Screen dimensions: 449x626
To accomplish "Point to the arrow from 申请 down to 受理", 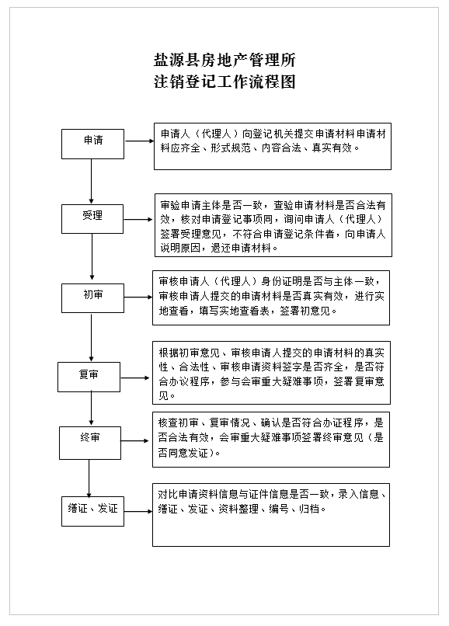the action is point(91,182).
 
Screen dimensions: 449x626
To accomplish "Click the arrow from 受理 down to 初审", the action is point(92,257).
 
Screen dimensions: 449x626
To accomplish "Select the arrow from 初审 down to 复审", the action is point(91,337).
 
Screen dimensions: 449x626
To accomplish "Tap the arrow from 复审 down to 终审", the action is point(91,408).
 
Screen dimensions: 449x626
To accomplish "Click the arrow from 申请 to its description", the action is point(139,141).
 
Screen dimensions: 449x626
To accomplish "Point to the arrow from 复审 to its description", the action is point(135,377).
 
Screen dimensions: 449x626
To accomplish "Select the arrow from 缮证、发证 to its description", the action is point(138,511).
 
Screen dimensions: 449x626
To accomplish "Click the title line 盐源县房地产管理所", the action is point(224,61).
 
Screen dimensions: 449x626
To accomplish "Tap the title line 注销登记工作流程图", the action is point(224,82).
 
